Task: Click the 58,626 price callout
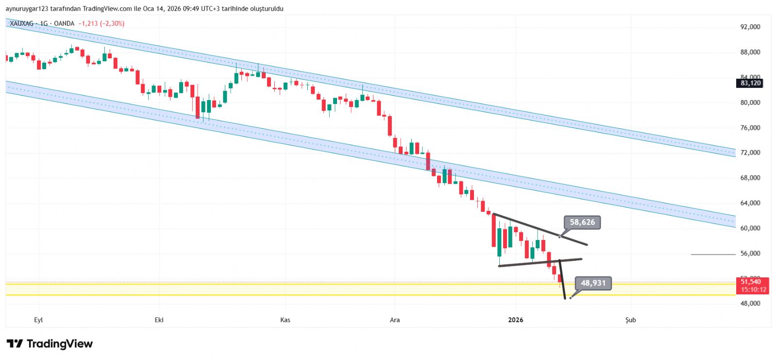click(x=582, y=223)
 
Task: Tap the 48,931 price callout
click(x=593, y=283)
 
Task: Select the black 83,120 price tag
click(x=750, y=83)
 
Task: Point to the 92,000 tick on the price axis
click(x=750, y=27)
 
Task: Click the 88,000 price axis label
click(x=750, y=52)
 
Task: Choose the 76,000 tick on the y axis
click(x=750, y=128)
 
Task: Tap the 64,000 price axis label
click(x=750, y=203)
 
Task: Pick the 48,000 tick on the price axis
click(x=750, y=304)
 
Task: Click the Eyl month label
click(x=38, y=320)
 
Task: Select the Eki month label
click(x=159, y=320)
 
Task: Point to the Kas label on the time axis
click(x=285, y=320)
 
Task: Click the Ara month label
click(x=395, y=320)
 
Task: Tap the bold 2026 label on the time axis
click(x=515, y=320)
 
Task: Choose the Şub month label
click(x=630, y=320)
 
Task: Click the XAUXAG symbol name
click(x=22, y=23)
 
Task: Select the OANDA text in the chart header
click(x=64, y=23)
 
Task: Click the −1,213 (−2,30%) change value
click(x=101, y=23)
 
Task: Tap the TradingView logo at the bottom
click(x=50, y=344)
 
